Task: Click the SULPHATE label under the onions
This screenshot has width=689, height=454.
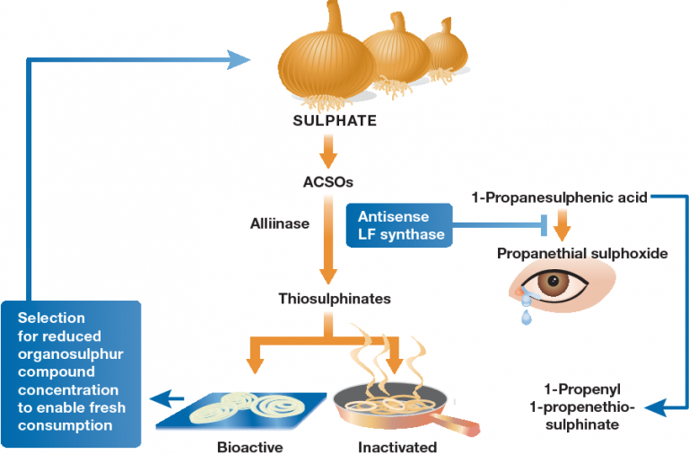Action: pyautogui.click(x=335, y=120)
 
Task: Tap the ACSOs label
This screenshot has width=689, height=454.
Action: pyautogui.click(x=327, y=182)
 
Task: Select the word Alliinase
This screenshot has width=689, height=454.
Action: pyautogui.click(x=280, y=223)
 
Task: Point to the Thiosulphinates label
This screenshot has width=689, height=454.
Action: pyautogui.click(x=335, y=299)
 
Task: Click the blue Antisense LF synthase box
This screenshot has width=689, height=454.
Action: pyautogui.click(x=399, y=225)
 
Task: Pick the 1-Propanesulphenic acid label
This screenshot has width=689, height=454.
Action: pyautogui.click(x=560, y=197)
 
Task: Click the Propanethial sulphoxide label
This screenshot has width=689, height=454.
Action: pyautogui.click(x=582, y=254)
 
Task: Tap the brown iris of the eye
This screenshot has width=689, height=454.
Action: pyautogui.click(x=553, y=282)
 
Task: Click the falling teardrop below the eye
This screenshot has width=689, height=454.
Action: pyautogui.click(x=526, y=317)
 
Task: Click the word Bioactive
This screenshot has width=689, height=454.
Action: pyautogui.click(x=250, y=447)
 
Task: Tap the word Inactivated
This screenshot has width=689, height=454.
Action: pyautogui.click(x=397, y=447)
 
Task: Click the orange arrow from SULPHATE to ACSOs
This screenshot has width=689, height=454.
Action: pyautogui.click(x=327, y=152)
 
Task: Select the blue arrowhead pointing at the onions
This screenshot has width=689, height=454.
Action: pyautogui.click(x=238, y=60)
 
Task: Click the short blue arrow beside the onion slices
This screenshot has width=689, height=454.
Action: pyautogui.click(x=166, y=399)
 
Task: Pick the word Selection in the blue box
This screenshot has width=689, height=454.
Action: pyautogui.click(x=51, y=318)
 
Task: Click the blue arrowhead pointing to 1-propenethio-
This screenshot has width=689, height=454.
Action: pyautogui.click(x=656, y=407)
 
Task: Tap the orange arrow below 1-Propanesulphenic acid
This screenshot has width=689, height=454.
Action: pyautogui.click(x=562, y=225)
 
